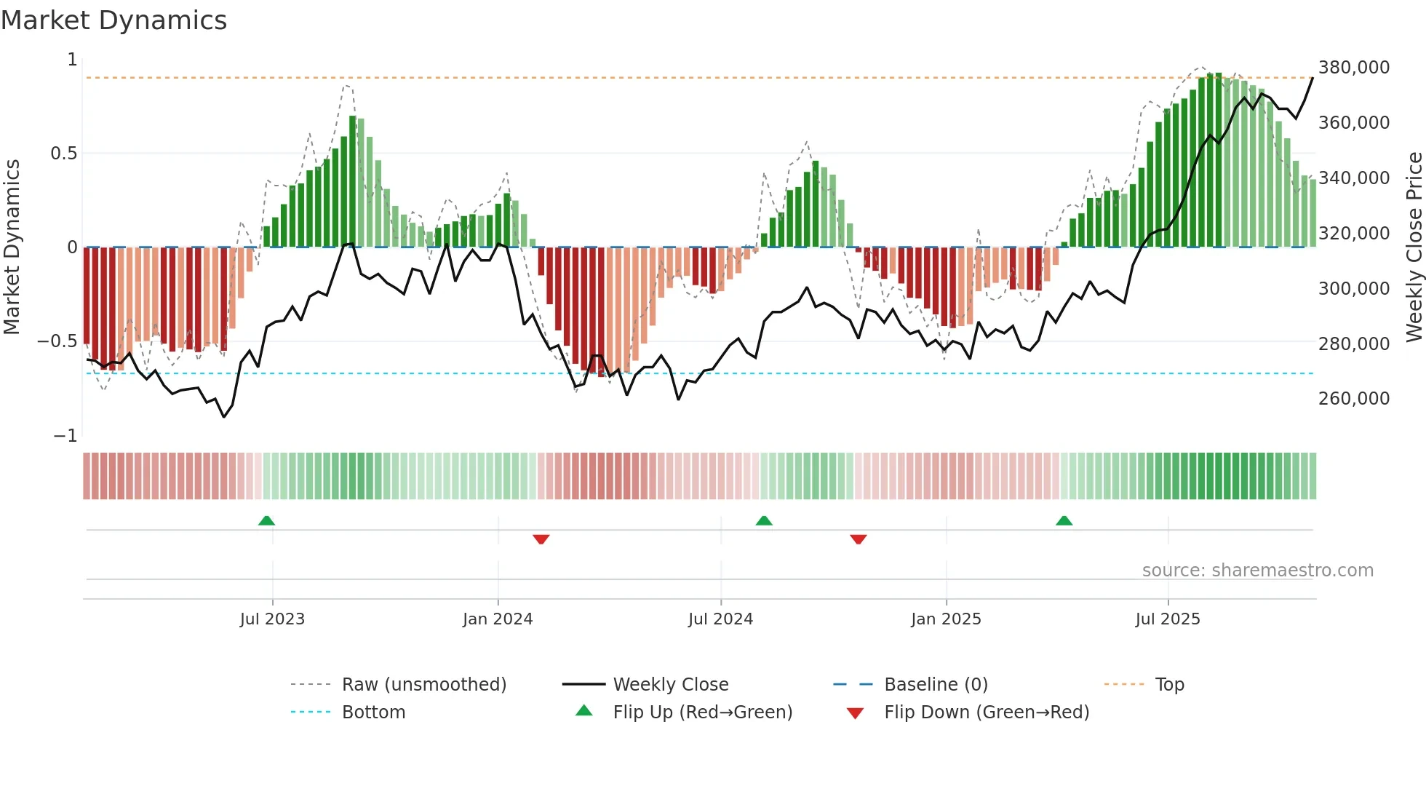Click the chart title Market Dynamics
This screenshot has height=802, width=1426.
[114, 20]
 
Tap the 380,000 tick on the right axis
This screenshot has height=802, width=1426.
[1353, 68]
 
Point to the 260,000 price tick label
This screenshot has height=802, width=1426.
[1353, 399]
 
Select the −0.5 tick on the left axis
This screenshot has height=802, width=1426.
[57, 341]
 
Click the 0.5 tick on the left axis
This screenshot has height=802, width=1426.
[63, 154]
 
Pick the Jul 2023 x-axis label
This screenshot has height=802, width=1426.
[272, 619]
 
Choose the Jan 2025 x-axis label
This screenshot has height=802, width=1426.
[946, 619]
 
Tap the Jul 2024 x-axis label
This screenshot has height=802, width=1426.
[720, 619]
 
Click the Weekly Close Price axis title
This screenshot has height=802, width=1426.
[1414, 247]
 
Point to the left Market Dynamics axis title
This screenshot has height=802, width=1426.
[12, 247]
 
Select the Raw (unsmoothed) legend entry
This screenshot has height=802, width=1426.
[423, 685]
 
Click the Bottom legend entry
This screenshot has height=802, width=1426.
[373, 712]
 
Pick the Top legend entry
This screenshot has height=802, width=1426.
[1169, 685]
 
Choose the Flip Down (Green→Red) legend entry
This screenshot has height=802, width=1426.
[986, 712]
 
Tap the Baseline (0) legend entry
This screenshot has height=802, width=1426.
[936, 685]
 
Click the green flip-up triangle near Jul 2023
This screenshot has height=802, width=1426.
[267, 521]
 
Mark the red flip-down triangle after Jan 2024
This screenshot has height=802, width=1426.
[541, 539]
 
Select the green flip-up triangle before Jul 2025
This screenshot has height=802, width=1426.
[1064, 521]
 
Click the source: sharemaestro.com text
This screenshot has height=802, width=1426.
[1257, 571]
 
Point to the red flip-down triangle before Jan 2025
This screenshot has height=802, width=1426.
[859, 539]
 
